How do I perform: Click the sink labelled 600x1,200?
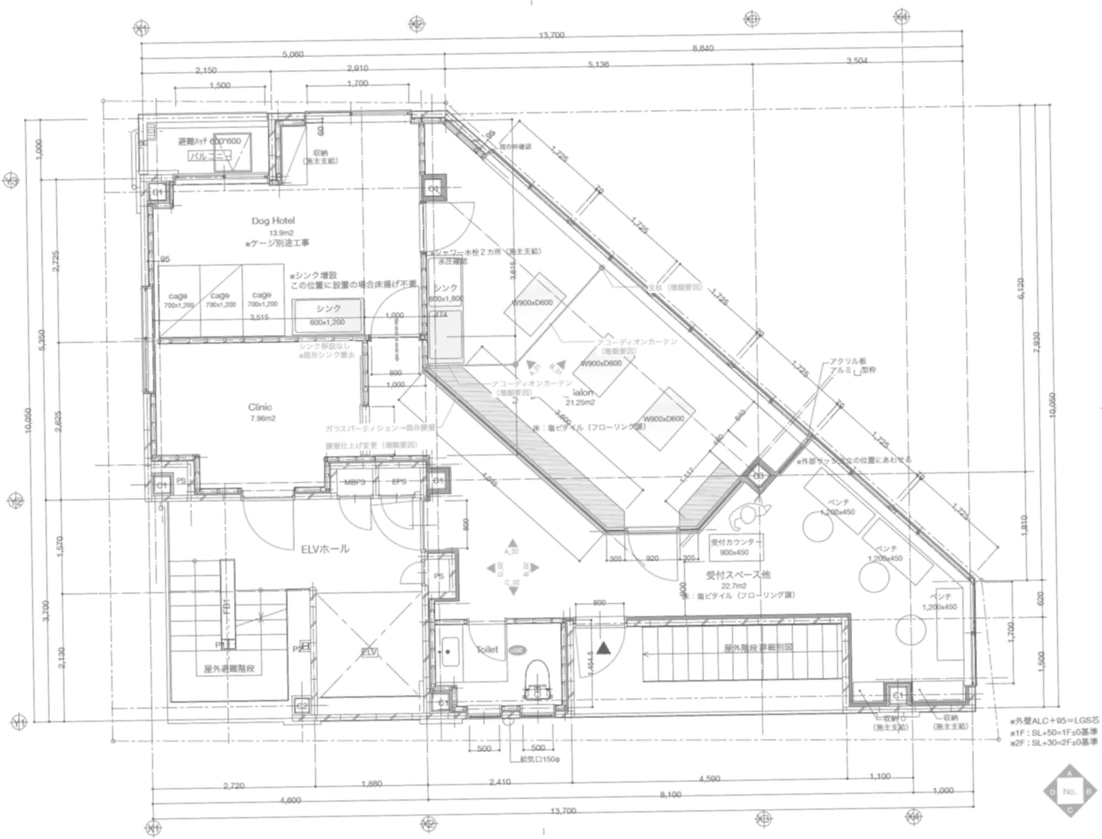tap(328, 316)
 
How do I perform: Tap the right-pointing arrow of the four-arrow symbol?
tap(531, 568)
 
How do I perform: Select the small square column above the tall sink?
tap(434, 190)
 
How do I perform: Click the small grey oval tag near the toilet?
tap(516, 650)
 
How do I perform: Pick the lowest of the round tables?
tap(909, 631)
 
